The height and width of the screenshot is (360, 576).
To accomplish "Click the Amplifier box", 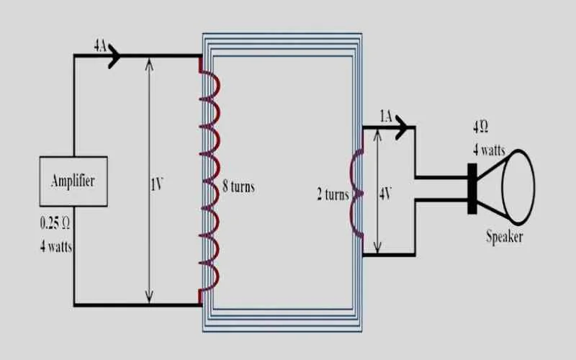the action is coord(73,181).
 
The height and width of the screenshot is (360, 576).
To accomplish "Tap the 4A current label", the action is coord(100,46).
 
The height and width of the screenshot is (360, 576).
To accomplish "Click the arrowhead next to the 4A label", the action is coord(114,56).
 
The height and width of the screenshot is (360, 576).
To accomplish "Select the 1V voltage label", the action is coord(156,184).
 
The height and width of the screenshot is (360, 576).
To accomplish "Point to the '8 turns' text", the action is coord(239,186).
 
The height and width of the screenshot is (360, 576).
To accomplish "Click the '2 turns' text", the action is coord(333,194).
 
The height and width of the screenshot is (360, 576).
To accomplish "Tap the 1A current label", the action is coord(386,117).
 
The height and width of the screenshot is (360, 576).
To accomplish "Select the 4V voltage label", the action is coord(385,194).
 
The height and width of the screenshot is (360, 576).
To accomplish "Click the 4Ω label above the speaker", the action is coord(480,127).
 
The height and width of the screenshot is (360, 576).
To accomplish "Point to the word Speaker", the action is coord(505,237).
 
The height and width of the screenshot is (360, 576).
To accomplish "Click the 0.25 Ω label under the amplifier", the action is coord(55,223).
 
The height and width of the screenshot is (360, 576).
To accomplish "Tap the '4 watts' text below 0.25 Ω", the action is coord(56,246).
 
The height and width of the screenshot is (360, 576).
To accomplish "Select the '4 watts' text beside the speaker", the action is coord(489,150).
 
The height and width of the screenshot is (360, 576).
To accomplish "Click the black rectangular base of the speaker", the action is coord(472,189).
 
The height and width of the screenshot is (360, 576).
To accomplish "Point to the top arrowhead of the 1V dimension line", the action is coord(149,64).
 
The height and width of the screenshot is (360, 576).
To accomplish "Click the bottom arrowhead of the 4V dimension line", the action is coord(377,247).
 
